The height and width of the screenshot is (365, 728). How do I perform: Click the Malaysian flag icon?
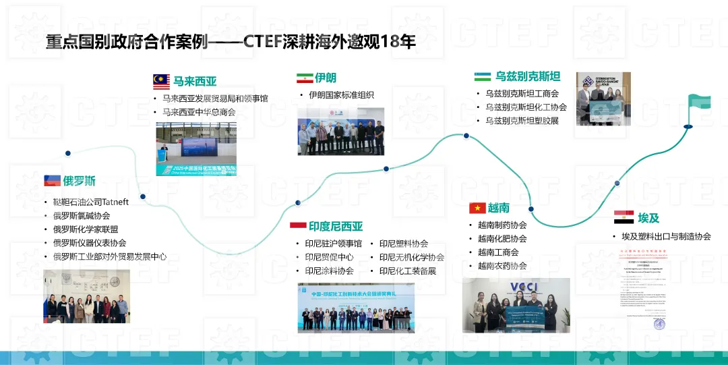161,82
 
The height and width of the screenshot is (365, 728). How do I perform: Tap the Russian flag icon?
52,180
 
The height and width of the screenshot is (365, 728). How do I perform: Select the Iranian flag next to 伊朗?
304,78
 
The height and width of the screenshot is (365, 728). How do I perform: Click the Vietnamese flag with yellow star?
477,208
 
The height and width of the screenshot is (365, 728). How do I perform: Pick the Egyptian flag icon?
623,217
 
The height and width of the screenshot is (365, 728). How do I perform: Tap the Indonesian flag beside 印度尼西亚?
298,225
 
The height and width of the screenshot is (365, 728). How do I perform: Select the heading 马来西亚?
195,82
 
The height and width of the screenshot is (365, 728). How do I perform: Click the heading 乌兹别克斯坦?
528,76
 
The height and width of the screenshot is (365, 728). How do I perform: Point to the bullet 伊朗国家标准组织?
341,95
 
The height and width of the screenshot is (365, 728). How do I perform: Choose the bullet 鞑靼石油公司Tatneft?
91,202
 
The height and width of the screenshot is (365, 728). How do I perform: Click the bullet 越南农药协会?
502,266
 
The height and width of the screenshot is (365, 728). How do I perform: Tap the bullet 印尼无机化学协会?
411,257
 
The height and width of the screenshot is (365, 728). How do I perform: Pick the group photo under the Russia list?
86,296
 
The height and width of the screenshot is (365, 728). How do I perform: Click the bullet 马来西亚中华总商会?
199,112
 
